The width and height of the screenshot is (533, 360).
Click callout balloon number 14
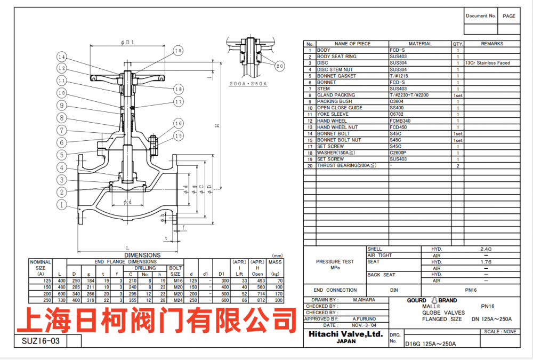click(62, 57)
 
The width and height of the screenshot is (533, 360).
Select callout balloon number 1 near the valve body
click(62, 204)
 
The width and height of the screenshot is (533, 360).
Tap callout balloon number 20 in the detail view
click(280, 66)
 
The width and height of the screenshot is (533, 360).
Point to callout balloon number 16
click(178, 124)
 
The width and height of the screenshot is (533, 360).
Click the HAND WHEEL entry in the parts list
click(332, 121)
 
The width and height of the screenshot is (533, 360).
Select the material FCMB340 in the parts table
click(400, 121)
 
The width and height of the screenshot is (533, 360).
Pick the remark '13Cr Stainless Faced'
click(487, 63)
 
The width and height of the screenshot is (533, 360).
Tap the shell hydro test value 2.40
click(486, 249)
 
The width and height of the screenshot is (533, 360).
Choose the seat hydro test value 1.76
click(486, 262)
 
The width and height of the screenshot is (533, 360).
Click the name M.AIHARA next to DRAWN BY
click(364, 300)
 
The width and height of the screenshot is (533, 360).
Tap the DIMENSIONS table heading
click(142, 255)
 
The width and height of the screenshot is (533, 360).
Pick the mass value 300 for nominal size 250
click(276, 300)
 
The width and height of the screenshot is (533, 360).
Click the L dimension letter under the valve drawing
click(128, 247)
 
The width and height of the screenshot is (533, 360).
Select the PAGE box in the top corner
click(509, 16)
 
